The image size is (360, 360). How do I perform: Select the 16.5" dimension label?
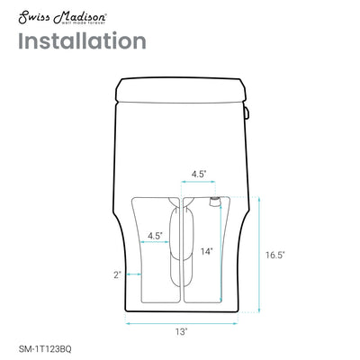276,255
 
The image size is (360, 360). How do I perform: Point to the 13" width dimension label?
183,331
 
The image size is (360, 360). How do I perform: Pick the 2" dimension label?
118,275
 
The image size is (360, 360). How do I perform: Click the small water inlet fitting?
215,199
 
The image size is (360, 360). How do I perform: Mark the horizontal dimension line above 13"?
183,320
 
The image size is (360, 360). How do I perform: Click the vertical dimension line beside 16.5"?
261,255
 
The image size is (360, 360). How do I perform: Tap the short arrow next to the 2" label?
132,275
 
